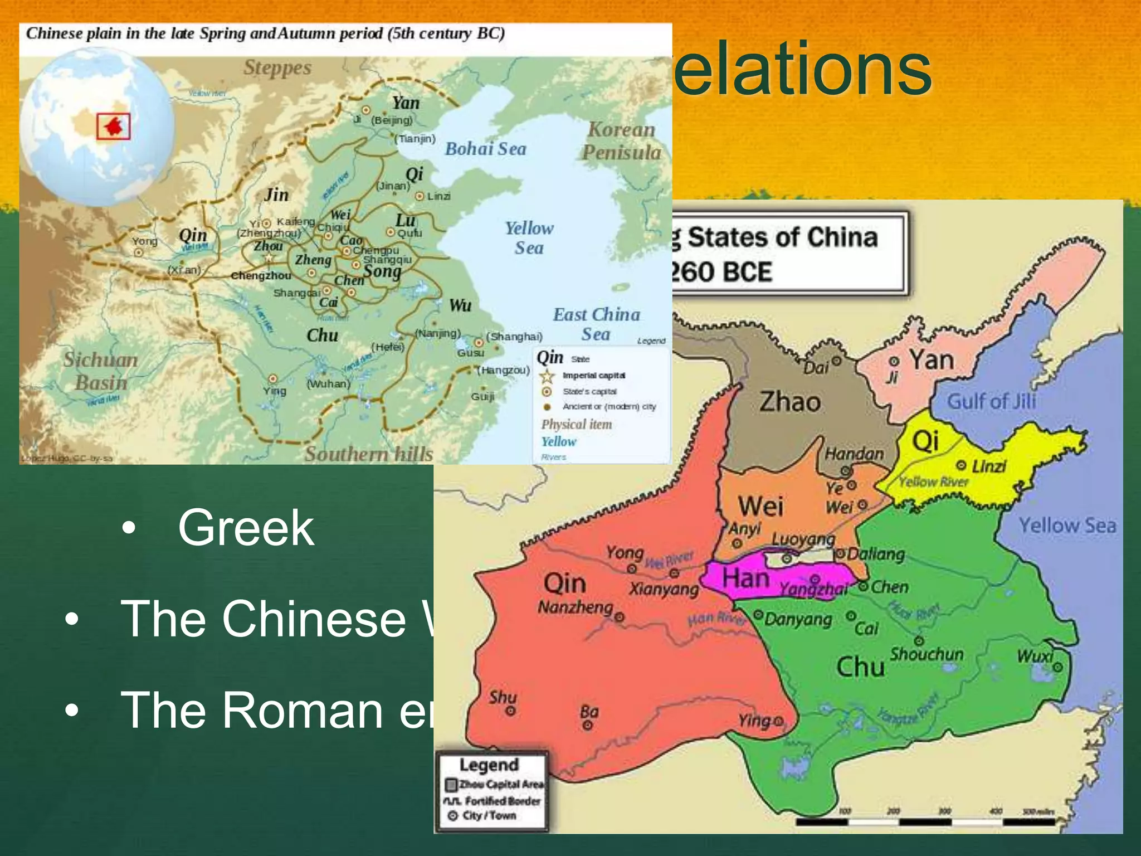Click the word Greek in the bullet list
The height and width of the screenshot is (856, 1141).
click(x=246, y=528)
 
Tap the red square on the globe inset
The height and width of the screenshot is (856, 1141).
click(x=114, y=126)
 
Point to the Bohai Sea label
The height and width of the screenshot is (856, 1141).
click(x=485, y=149)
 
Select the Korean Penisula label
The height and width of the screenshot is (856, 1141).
click(x=622, y=140)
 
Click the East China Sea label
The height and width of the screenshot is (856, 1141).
click(x=596, y=324)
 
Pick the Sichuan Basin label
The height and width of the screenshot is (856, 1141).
click(x=100, y=371)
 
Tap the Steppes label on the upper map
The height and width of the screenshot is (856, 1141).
click(x=277, y=68)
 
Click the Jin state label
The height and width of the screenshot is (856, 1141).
click(x=276, y=195)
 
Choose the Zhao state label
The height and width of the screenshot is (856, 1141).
click(x=790, y=402)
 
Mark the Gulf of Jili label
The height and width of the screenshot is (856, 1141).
click(x=992, y=401)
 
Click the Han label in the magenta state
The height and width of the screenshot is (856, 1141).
click(x=745, y=578)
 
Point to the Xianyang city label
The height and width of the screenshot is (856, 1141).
click(x=664, y=589)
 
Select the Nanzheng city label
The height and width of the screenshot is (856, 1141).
click(x=575, y=607)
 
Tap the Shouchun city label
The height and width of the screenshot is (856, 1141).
click(x=927, y=654)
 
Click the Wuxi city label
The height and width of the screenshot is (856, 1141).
click(x=1035, y=656)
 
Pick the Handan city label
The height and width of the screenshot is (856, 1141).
click(x=854, y=454)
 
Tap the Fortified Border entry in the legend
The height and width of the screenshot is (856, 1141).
click(x=502, y=801)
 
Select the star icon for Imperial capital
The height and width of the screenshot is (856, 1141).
click(x=547, y=376)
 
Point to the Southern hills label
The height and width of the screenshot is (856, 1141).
click(x=369, y=454)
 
